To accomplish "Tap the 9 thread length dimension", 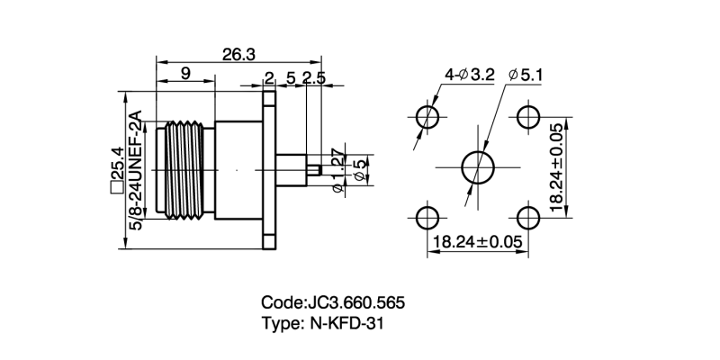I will [x=184, y=75].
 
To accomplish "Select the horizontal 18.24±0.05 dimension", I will [x=478, y=242].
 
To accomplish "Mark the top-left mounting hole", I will [x=427, y=117].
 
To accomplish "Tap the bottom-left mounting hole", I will [x=427, y=217].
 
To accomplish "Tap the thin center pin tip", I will [x=316, y=167].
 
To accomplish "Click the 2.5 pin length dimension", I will [x=314, y=78].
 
